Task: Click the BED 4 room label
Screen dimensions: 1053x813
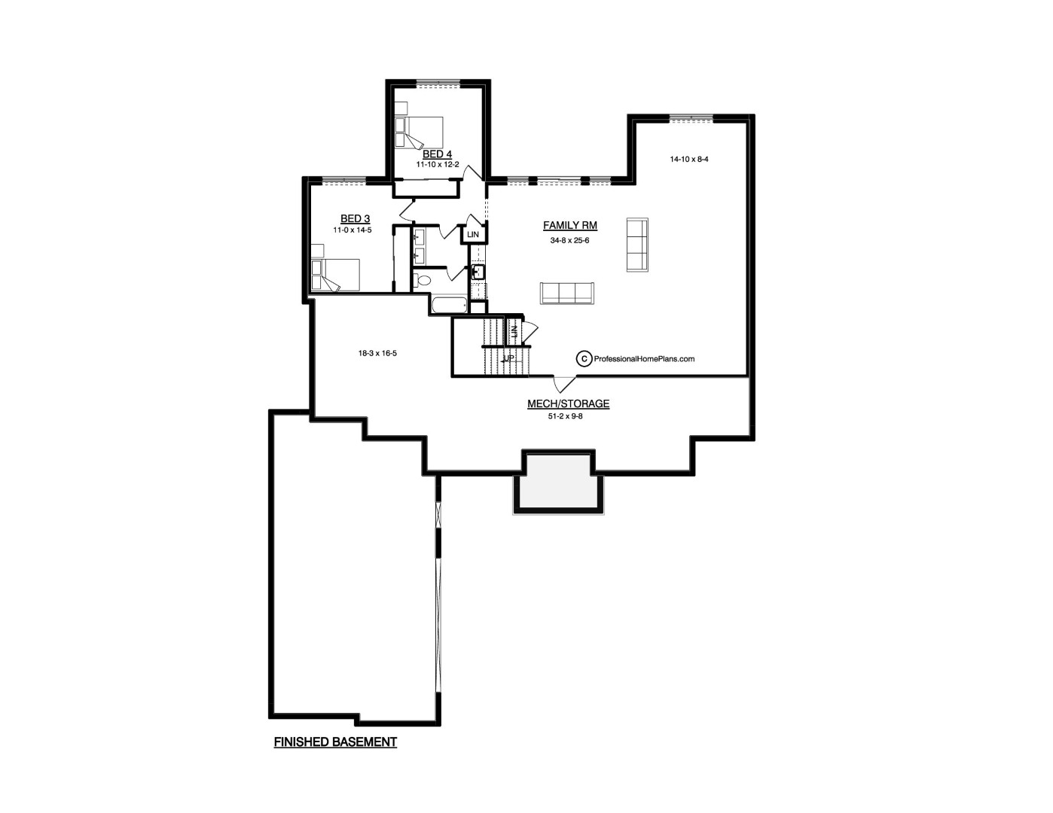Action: point(437,154)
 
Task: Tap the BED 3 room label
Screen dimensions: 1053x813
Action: point(356,219)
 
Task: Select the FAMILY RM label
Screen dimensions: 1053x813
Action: point(570,225)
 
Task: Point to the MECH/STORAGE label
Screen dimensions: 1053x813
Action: point(569,403)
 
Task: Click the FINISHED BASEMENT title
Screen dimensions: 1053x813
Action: point(335,741)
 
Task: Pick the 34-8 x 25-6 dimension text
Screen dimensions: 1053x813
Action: point(570,240)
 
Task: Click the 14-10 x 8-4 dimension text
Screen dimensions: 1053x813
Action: point(689,159)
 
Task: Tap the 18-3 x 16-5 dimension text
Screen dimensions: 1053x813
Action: point(377,354)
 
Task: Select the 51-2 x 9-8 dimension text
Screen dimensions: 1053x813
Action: point(566,416)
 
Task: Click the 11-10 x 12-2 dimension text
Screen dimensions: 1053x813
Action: point(438,165)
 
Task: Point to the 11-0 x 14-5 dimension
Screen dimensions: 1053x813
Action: point(353,230)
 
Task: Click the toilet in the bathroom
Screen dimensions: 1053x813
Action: point(423,280)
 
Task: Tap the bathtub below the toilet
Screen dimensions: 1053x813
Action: point(449,306)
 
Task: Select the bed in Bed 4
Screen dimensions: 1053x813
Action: point(419,132)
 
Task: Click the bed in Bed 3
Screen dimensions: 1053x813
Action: point(335,275)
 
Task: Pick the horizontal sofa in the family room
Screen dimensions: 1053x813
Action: point(567,293)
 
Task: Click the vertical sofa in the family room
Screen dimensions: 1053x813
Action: point(637,245)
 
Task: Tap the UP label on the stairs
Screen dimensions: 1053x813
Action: point(508,358)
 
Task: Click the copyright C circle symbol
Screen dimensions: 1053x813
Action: point(584,359)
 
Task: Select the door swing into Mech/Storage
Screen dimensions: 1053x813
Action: point(565,384)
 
